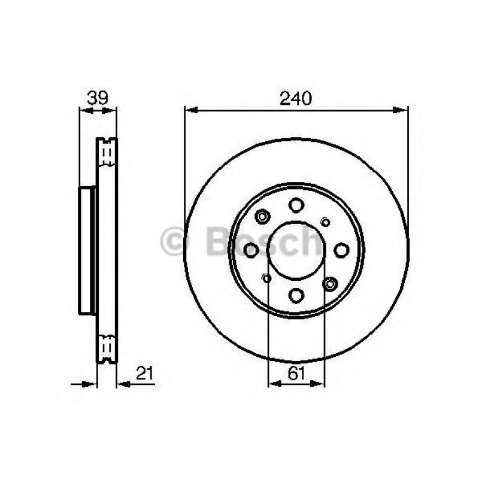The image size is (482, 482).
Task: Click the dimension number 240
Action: [295, 98]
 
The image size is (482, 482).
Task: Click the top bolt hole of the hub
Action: [296, 205]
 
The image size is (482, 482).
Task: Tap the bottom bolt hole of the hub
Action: [296, 294]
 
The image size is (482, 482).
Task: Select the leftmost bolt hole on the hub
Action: [252, 250]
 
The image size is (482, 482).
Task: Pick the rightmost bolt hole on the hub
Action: [341, 250]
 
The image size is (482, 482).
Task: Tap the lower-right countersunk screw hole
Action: [329, 283]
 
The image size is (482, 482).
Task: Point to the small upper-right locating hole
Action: [326, 222]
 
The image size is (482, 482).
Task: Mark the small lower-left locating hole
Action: [266, 277]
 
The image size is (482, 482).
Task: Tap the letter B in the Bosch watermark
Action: [216, 242]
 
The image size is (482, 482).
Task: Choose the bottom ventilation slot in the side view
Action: [108, 347]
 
